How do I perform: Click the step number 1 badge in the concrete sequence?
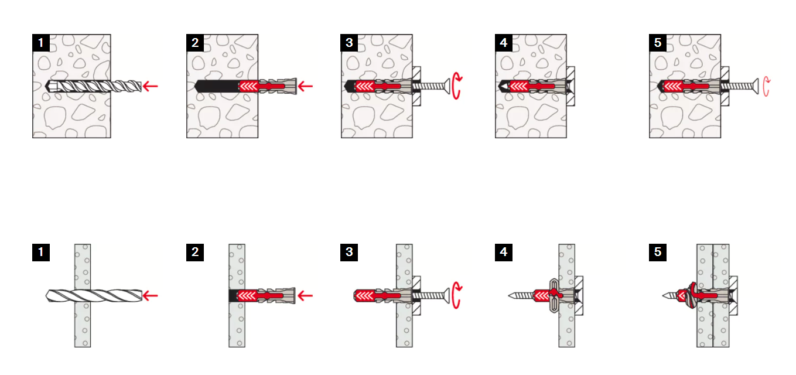click(40, 43)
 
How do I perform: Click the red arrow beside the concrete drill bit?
click(151, 87)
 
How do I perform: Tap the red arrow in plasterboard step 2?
click(305, 296)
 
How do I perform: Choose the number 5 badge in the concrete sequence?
click(658, 43)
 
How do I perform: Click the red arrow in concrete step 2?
click(305, 87)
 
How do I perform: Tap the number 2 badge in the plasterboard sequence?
click(195, 253)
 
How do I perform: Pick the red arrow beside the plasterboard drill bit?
click(151, 296)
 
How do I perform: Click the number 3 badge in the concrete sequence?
click(349, 43)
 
